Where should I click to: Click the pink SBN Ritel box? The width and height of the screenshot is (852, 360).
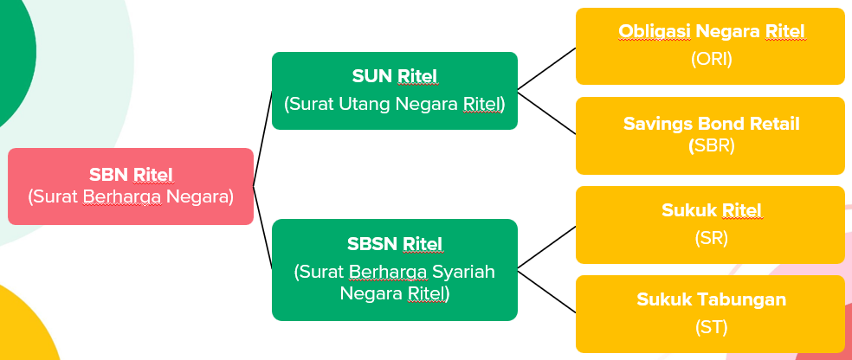click(131, 186)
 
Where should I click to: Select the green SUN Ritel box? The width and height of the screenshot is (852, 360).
click(394, 91)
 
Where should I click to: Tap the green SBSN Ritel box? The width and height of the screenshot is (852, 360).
click(394, 269)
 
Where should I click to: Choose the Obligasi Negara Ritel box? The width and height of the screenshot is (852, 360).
click(710, 46)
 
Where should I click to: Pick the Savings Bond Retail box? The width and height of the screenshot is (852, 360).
click(710, 135)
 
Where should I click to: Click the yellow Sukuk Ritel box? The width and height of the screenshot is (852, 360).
click(710, 224)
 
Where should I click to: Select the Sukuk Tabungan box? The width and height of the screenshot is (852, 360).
click(710, 313)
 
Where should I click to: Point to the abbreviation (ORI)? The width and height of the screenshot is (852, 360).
click(712, 60)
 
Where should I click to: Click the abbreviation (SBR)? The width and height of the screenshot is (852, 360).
click(712, 145)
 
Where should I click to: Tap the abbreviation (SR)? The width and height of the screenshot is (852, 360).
click(712, 237)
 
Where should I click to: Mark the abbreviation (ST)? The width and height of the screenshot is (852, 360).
click(712, 327)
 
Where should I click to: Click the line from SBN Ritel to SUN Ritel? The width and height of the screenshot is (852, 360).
click(262, 138)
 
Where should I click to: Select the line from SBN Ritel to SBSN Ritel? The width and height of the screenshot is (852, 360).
click(262, 228)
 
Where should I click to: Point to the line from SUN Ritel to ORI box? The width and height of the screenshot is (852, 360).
click(546, 68)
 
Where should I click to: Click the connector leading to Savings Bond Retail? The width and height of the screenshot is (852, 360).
click(546, 112)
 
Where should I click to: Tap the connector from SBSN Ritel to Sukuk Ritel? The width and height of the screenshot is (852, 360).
click(546, 245)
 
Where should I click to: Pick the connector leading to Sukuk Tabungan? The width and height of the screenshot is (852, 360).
click(546, 289)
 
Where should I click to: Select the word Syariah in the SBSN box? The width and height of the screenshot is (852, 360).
click(464, 273)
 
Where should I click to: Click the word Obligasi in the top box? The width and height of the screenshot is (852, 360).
click(650, 32)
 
